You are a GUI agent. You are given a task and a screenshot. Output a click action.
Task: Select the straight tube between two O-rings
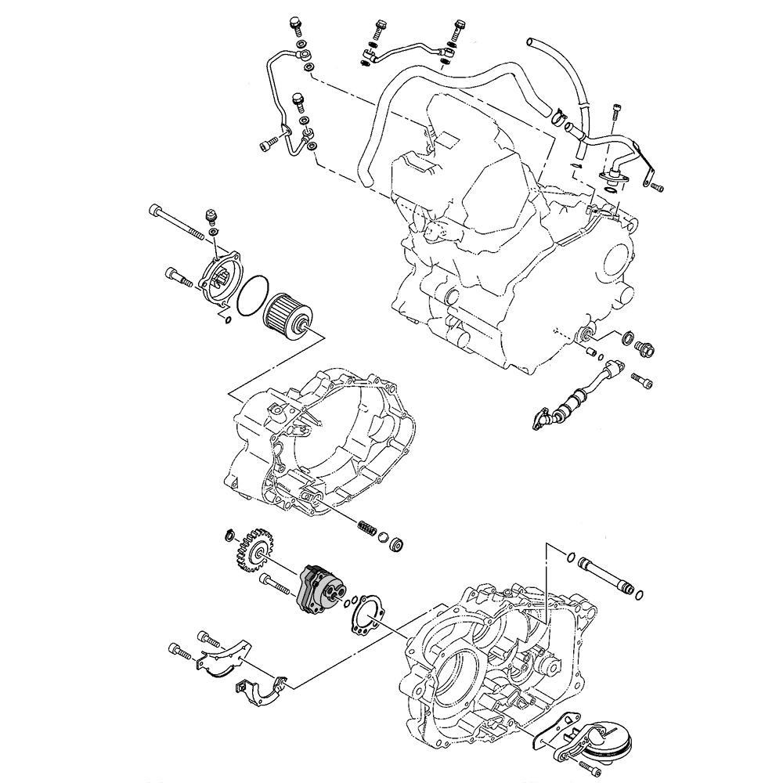tap(608, 576)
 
